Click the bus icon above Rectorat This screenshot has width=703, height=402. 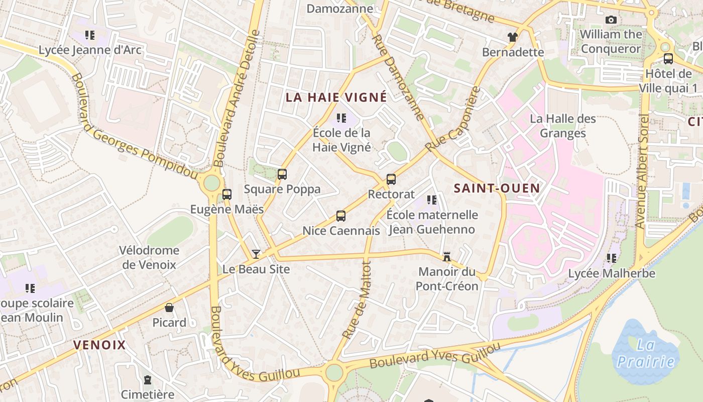[391, 179]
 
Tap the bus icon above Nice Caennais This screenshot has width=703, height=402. [341, 216]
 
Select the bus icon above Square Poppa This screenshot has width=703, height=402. [282, 174]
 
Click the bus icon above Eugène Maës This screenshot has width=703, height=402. [227, 194]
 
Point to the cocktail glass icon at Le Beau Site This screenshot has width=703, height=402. [256, 254]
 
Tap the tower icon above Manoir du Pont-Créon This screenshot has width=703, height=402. [446, 257]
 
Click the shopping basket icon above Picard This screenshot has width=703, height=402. [169, 308]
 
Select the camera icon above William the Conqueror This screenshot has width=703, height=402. [611, 20]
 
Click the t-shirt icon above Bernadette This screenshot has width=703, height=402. [512, 37]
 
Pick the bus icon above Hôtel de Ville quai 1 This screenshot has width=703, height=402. [668, 58]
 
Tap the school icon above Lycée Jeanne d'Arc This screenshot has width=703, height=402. [90, 35]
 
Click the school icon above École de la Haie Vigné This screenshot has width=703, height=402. [341, 118]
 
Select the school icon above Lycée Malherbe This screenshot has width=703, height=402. [612, 258]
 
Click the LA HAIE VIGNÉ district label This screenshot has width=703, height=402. [336, 97]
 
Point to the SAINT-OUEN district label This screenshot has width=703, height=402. [497, 188]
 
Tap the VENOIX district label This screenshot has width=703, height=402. [99, 345]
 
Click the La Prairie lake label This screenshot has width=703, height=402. [646, 354]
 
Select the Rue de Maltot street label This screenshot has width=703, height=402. [357, 300]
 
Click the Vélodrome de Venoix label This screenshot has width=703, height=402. [149, 257]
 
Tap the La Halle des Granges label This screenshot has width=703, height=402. [563, 126]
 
